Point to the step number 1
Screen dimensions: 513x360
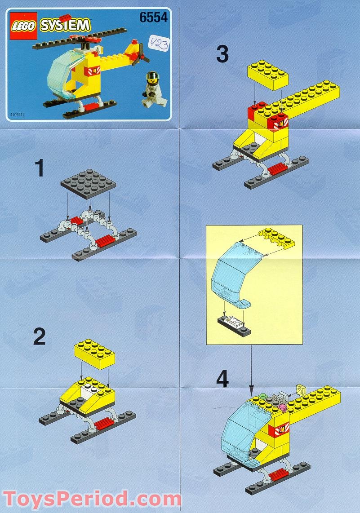click(40, 169)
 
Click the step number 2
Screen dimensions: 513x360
click(40, 336)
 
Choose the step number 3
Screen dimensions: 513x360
click(222, 54)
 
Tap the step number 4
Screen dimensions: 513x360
click(222, 379)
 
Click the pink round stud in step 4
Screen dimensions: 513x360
click(282, 407)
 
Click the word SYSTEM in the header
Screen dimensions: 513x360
click(65, 25)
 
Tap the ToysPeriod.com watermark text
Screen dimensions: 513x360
click(92, 499)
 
